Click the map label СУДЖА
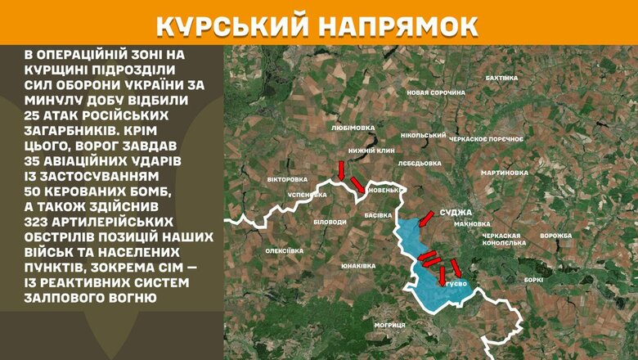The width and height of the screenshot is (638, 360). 455,209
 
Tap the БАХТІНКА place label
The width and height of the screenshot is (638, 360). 501,78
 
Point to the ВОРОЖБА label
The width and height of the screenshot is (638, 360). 556,236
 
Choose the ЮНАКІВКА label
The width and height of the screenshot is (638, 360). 357,267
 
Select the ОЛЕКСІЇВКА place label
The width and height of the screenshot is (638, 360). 284,251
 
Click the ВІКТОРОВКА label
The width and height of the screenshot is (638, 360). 287,179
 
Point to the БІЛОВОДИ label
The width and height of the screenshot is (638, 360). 330,223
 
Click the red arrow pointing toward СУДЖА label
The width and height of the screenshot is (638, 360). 426,218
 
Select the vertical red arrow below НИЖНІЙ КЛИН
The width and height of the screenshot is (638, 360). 341,169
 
